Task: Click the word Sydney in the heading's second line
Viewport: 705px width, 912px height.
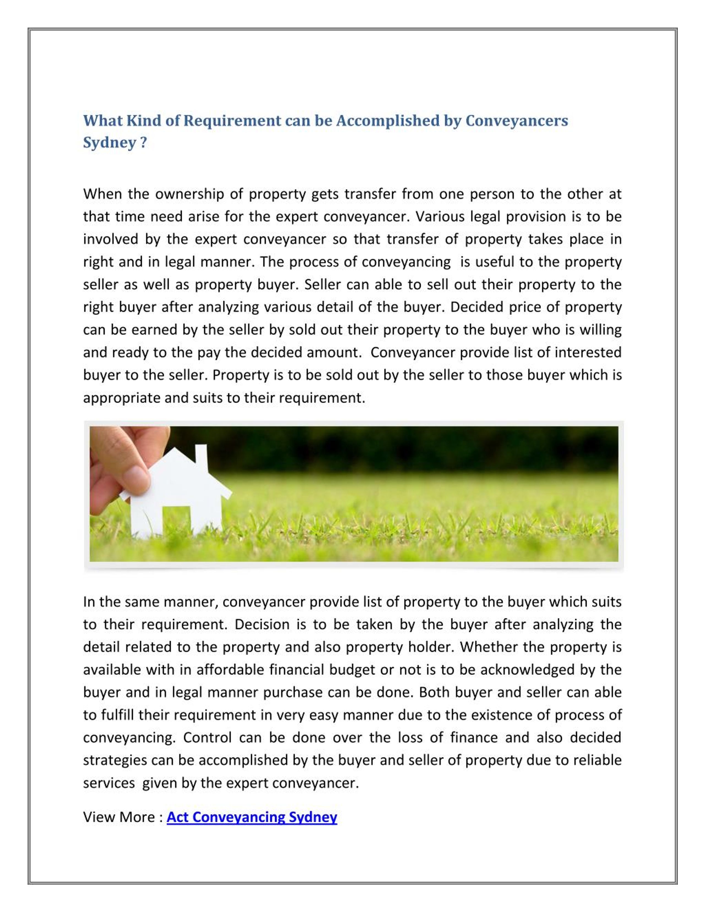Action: point(109,143)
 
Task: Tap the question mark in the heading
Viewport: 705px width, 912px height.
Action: point(144,143)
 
